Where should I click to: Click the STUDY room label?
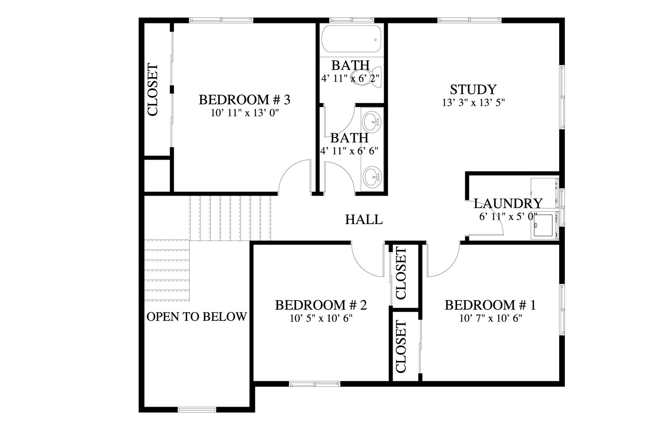pos(473,89)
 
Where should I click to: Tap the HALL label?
pos(364,220)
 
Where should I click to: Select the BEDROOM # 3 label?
pos(244,100)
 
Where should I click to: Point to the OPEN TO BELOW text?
pos(197,317)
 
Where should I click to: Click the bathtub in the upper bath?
pos(351,39)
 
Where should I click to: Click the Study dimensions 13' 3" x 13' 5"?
pos(473,103)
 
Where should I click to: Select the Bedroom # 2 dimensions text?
pos(321,318)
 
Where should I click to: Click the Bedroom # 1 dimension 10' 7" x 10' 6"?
pos(491,318)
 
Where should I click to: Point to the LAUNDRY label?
pos(508,204)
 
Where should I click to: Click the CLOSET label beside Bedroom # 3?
pos(153,89)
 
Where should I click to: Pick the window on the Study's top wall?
pos(469,20)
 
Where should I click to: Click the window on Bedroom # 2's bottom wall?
pos(314,384)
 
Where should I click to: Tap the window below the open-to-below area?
pos(197,409)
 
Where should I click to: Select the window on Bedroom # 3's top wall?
pos(221,20)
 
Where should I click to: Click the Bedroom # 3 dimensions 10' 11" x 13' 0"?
pos(245,113)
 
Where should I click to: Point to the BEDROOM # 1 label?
pos(490,305)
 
